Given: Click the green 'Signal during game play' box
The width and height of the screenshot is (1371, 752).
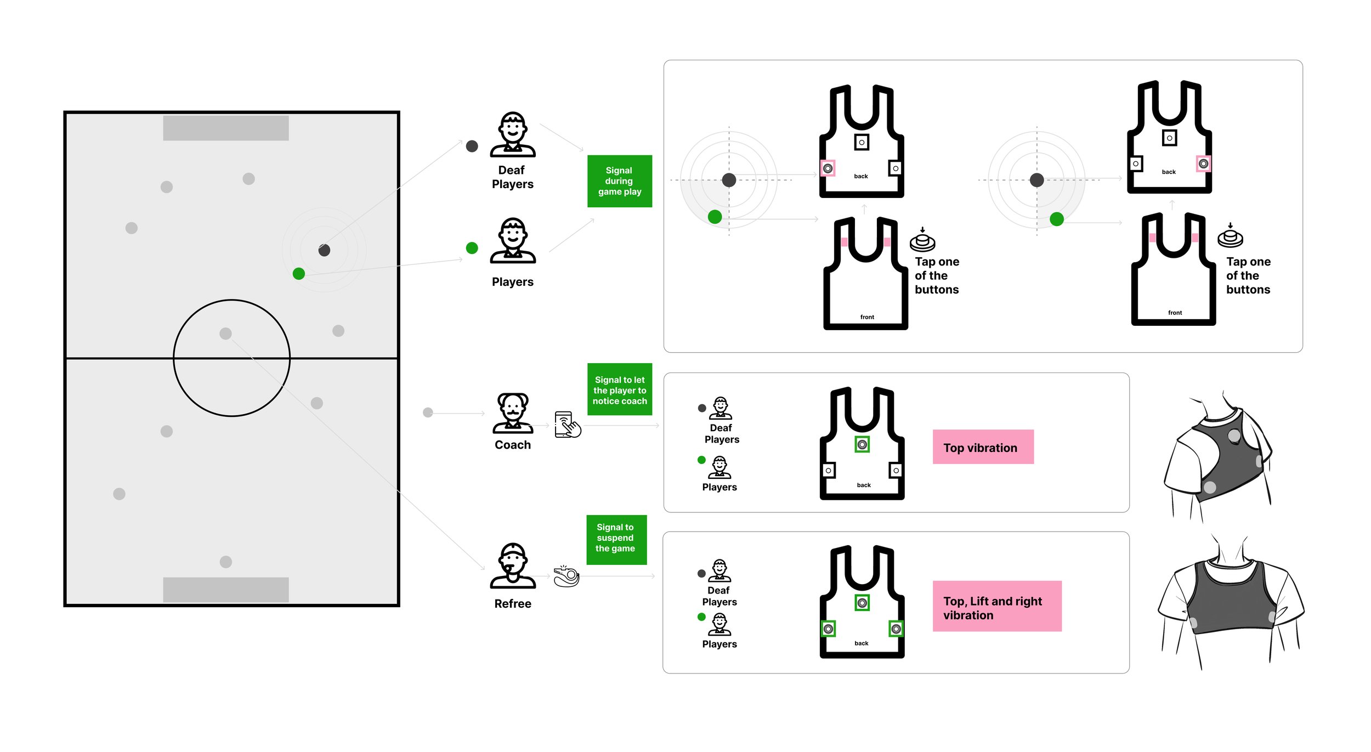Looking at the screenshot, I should coord(619,181).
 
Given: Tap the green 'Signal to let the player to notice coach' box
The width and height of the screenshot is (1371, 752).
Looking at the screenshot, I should coord(619,389).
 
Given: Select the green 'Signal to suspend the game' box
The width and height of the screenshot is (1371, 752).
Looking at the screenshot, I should coord(616,539).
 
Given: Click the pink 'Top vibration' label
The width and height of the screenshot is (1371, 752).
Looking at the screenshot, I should coord(983,447).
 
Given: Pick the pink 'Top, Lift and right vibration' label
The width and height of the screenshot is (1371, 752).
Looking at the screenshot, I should coord(996,606).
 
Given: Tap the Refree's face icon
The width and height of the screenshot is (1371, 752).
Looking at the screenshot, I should coord(513,565).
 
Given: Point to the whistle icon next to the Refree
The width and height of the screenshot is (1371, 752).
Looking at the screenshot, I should coord(566,576).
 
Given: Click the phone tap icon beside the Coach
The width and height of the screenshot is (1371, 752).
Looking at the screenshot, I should coord(567,425).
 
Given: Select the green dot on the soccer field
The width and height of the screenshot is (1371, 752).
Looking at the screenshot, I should coord(298,274).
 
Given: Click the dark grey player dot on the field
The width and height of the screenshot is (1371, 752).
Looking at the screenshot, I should coord(324,250).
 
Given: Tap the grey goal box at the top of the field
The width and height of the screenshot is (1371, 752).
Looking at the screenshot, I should coord(225,128).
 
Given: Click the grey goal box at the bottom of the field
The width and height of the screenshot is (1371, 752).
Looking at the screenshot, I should coord(225,590).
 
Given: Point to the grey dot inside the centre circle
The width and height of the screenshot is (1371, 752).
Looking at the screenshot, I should coord(225,333).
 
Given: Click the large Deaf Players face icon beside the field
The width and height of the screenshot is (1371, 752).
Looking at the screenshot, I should coord(513,133).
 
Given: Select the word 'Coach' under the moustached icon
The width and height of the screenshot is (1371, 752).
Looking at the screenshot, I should coord(513,445).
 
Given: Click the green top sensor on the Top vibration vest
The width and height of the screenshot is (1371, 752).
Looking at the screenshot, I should coord(862,444).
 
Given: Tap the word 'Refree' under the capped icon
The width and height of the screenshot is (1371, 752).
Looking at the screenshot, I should coord(513,603).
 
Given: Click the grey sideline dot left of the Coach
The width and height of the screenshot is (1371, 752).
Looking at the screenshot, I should coord(428,412).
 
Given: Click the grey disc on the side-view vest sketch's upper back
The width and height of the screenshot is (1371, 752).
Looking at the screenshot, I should coord(1234,436).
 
